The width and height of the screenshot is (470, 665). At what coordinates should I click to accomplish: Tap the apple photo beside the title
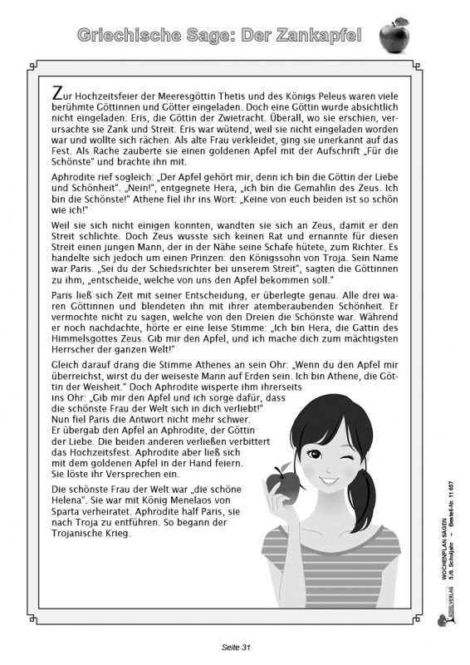pos(394,35)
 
